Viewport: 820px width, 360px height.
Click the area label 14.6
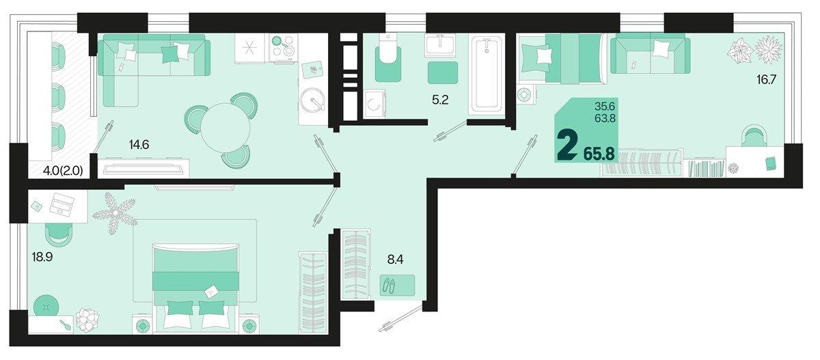tap(139, 145)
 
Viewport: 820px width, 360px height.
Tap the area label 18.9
tap(42, 257)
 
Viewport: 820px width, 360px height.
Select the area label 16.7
tap(767, 79)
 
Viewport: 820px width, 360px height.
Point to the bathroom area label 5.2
tap(440, 100)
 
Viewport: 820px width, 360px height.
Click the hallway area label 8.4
tap(396, 260)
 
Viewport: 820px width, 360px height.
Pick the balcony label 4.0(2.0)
tap(63, 171)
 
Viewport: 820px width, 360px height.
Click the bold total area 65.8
tap(599, 154)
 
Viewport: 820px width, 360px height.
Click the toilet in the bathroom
tap(387, 59)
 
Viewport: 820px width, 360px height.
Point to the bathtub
tap(487, 74)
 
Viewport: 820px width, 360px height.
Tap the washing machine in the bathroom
tap(374, 105)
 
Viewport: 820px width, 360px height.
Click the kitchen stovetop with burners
tap(284, 48)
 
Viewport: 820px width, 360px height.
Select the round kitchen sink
tap(313, 99)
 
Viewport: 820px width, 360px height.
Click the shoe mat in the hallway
tap(397, 285)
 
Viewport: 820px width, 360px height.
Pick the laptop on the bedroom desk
tap(61, 204)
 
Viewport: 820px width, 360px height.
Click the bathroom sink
tap(440, 46)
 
